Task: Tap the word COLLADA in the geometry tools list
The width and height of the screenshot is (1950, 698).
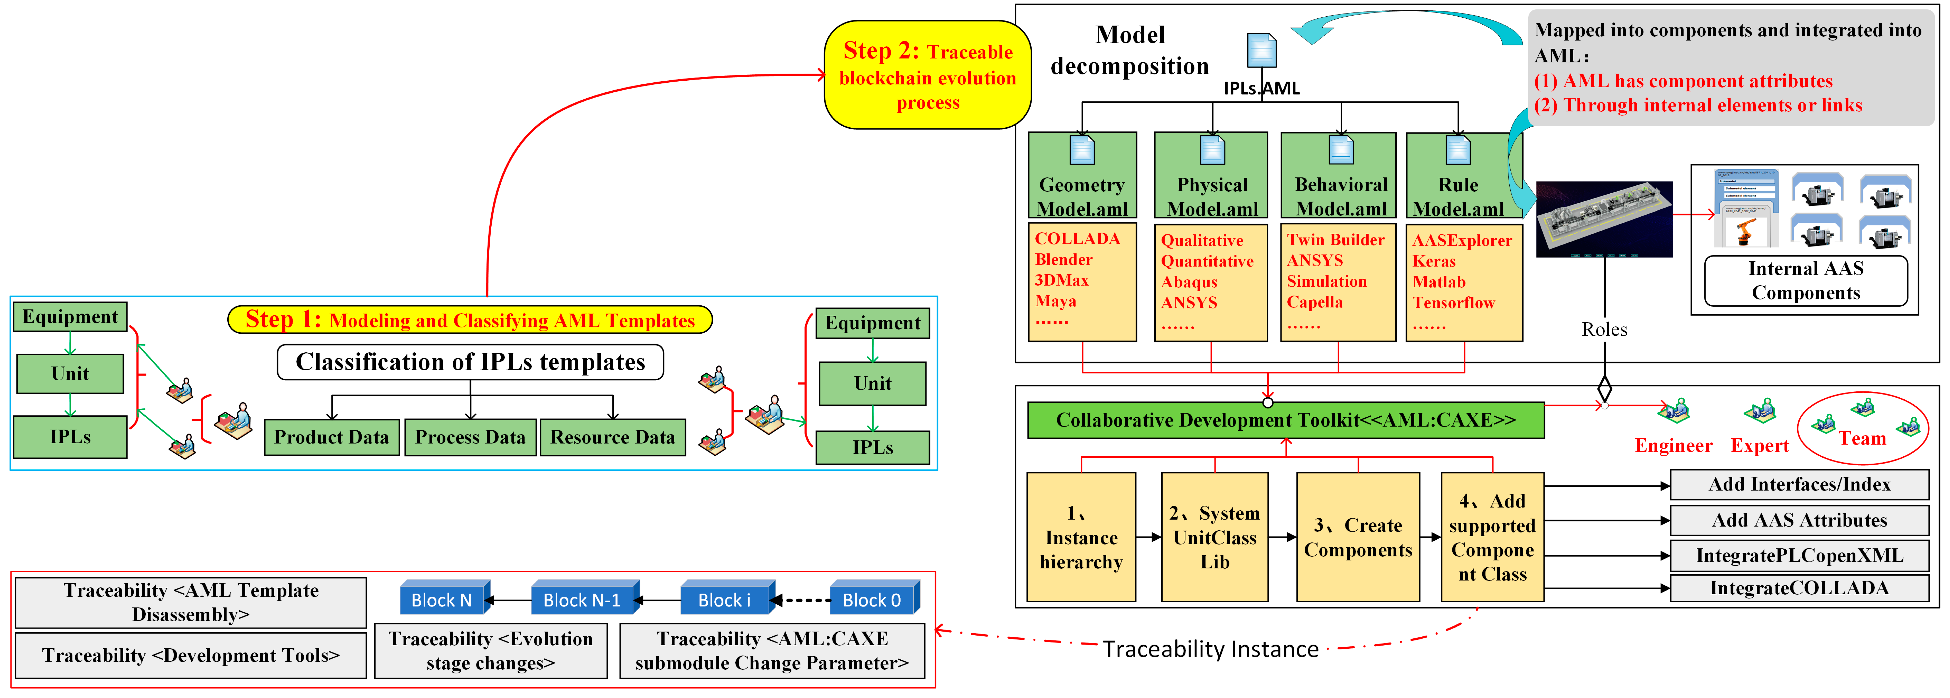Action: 1077,239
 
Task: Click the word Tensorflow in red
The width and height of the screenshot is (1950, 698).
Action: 1453,303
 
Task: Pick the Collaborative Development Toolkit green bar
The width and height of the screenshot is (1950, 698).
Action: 1285,420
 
